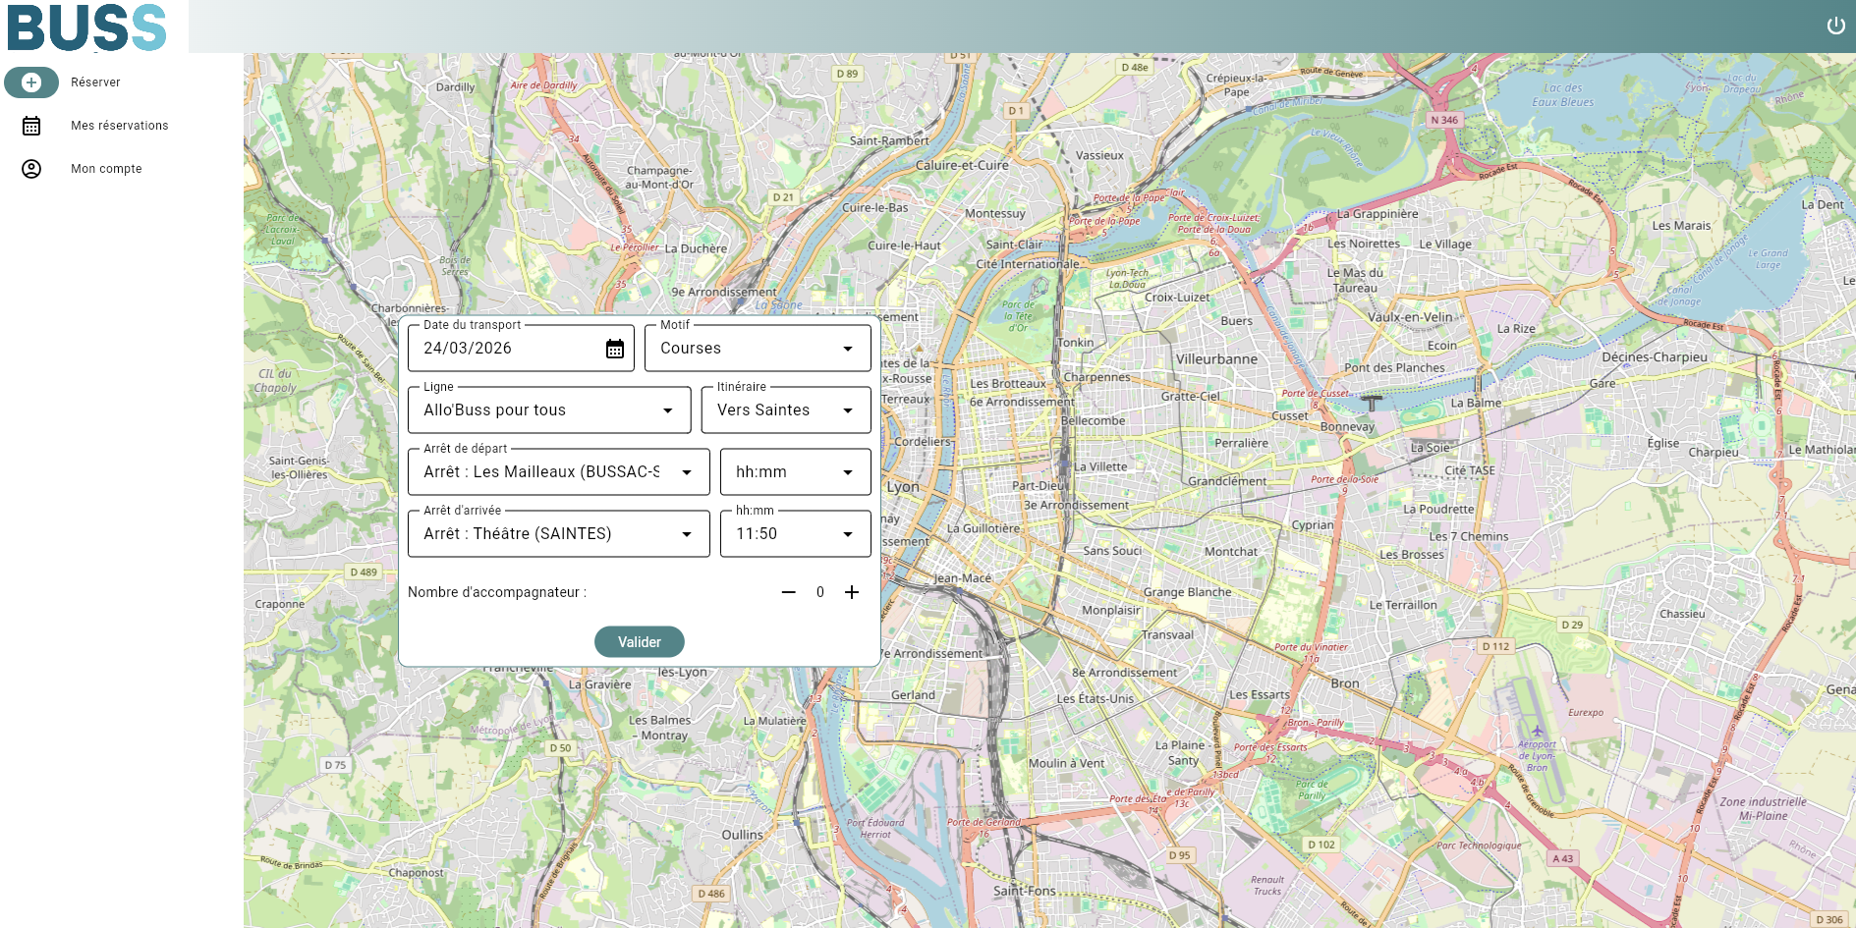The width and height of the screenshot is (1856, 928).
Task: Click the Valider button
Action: click(x=639, y=641)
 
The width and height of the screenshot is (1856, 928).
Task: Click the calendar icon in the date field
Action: click(x=615, y=349)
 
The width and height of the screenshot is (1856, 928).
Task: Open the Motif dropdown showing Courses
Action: click(x=757, y=349)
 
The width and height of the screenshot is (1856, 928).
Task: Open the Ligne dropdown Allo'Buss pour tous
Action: click(x=548, y=410)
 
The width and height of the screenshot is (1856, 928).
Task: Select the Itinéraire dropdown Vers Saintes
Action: click(x=785, y=410)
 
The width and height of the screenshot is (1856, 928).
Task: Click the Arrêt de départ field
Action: click(x=557, y=472)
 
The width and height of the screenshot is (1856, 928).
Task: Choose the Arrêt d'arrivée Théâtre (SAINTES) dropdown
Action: click(x=557, y=534)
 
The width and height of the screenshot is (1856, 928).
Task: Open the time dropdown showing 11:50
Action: click(x=794, y=534)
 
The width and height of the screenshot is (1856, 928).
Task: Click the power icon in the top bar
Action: click(x=1835, y=26)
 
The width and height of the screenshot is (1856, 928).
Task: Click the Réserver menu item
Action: click(x=95, y=82)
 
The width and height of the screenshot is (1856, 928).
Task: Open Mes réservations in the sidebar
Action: click(x=119, y=126)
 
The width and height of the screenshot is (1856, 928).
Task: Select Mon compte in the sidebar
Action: click(x=106, y=169)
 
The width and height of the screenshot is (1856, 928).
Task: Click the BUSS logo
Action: click(x=86, y=27)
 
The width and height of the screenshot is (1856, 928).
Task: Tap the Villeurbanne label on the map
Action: click(x=1216, y=359)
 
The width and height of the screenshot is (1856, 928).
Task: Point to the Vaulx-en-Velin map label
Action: click(x=1410, y=317)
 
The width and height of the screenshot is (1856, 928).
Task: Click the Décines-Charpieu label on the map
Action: click(x=1655, y=357)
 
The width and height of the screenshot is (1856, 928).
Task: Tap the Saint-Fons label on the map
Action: click(x=1024, y=891)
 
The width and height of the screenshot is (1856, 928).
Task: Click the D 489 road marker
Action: click(x=364, y=572)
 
